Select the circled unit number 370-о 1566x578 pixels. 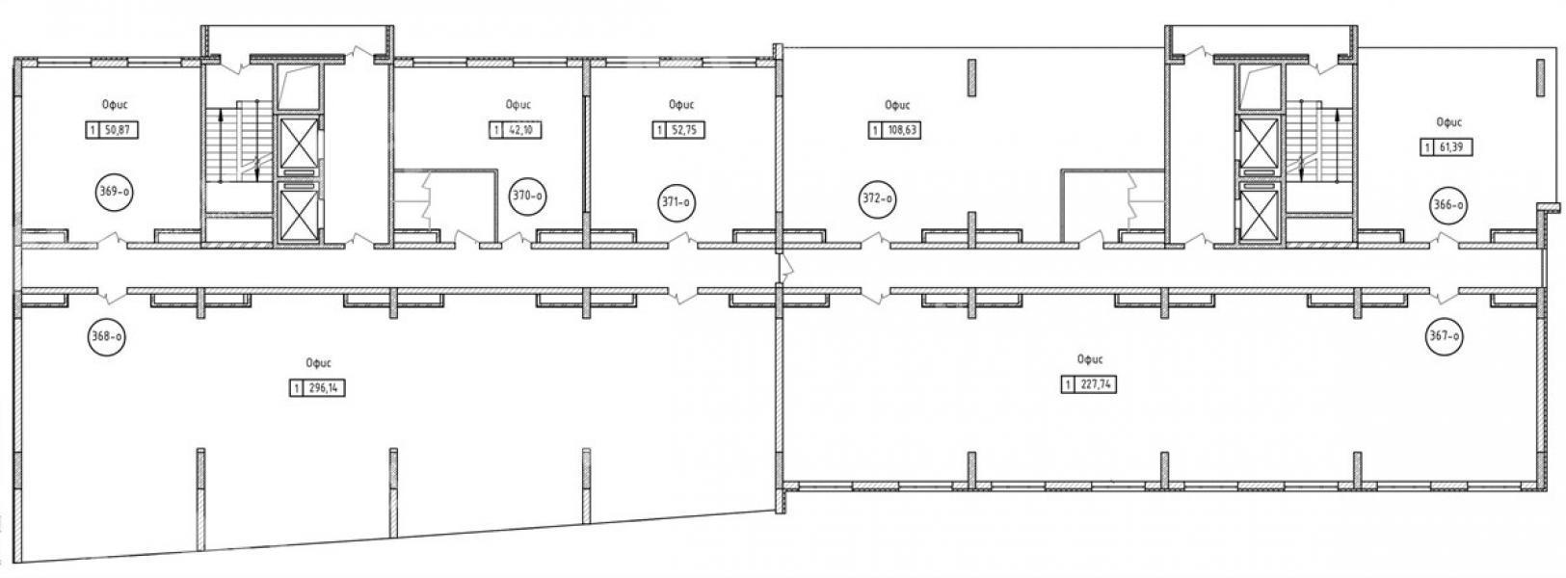point(528,197)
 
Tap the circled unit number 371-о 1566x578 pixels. point(677,202)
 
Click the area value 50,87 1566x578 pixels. point(116,130)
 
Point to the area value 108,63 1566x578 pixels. point(901,130)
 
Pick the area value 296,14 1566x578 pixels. point(323,388)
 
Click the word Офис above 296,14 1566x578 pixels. point(318,363)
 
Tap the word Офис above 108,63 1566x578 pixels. point(897,106)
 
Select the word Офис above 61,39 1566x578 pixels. point(1448,122)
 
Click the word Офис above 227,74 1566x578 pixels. point(1091,360)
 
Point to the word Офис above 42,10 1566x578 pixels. point(518,105)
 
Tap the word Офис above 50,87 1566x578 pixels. point(115,105)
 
